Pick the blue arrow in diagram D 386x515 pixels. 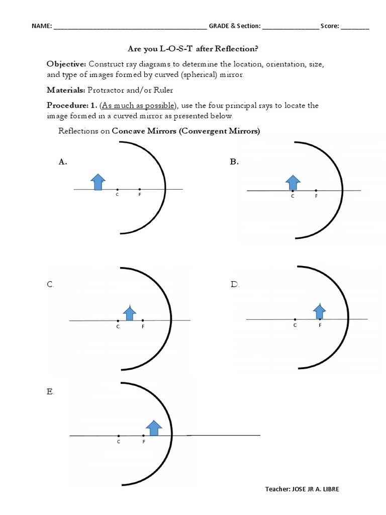point(319,312)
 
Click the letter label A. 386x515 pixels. point(63,161)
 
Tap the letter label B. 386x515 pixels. point(234,161)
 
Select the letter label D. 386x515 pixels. point(235,285)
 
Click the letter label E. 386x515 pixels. point(50,392)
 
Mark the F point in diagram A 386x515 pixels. point(139,189)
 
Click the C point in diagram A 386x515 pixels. point(117,189)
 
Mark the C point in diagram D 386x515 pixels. point(295,319)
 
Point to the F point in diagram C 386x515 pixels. point(143,320)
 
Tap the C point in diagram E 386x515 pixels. point(119,436)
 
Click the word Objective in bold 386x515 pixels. point(66,64)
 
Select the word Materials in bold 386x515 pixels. point(66,90)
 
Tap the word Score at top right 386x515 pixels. point(330,26)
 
